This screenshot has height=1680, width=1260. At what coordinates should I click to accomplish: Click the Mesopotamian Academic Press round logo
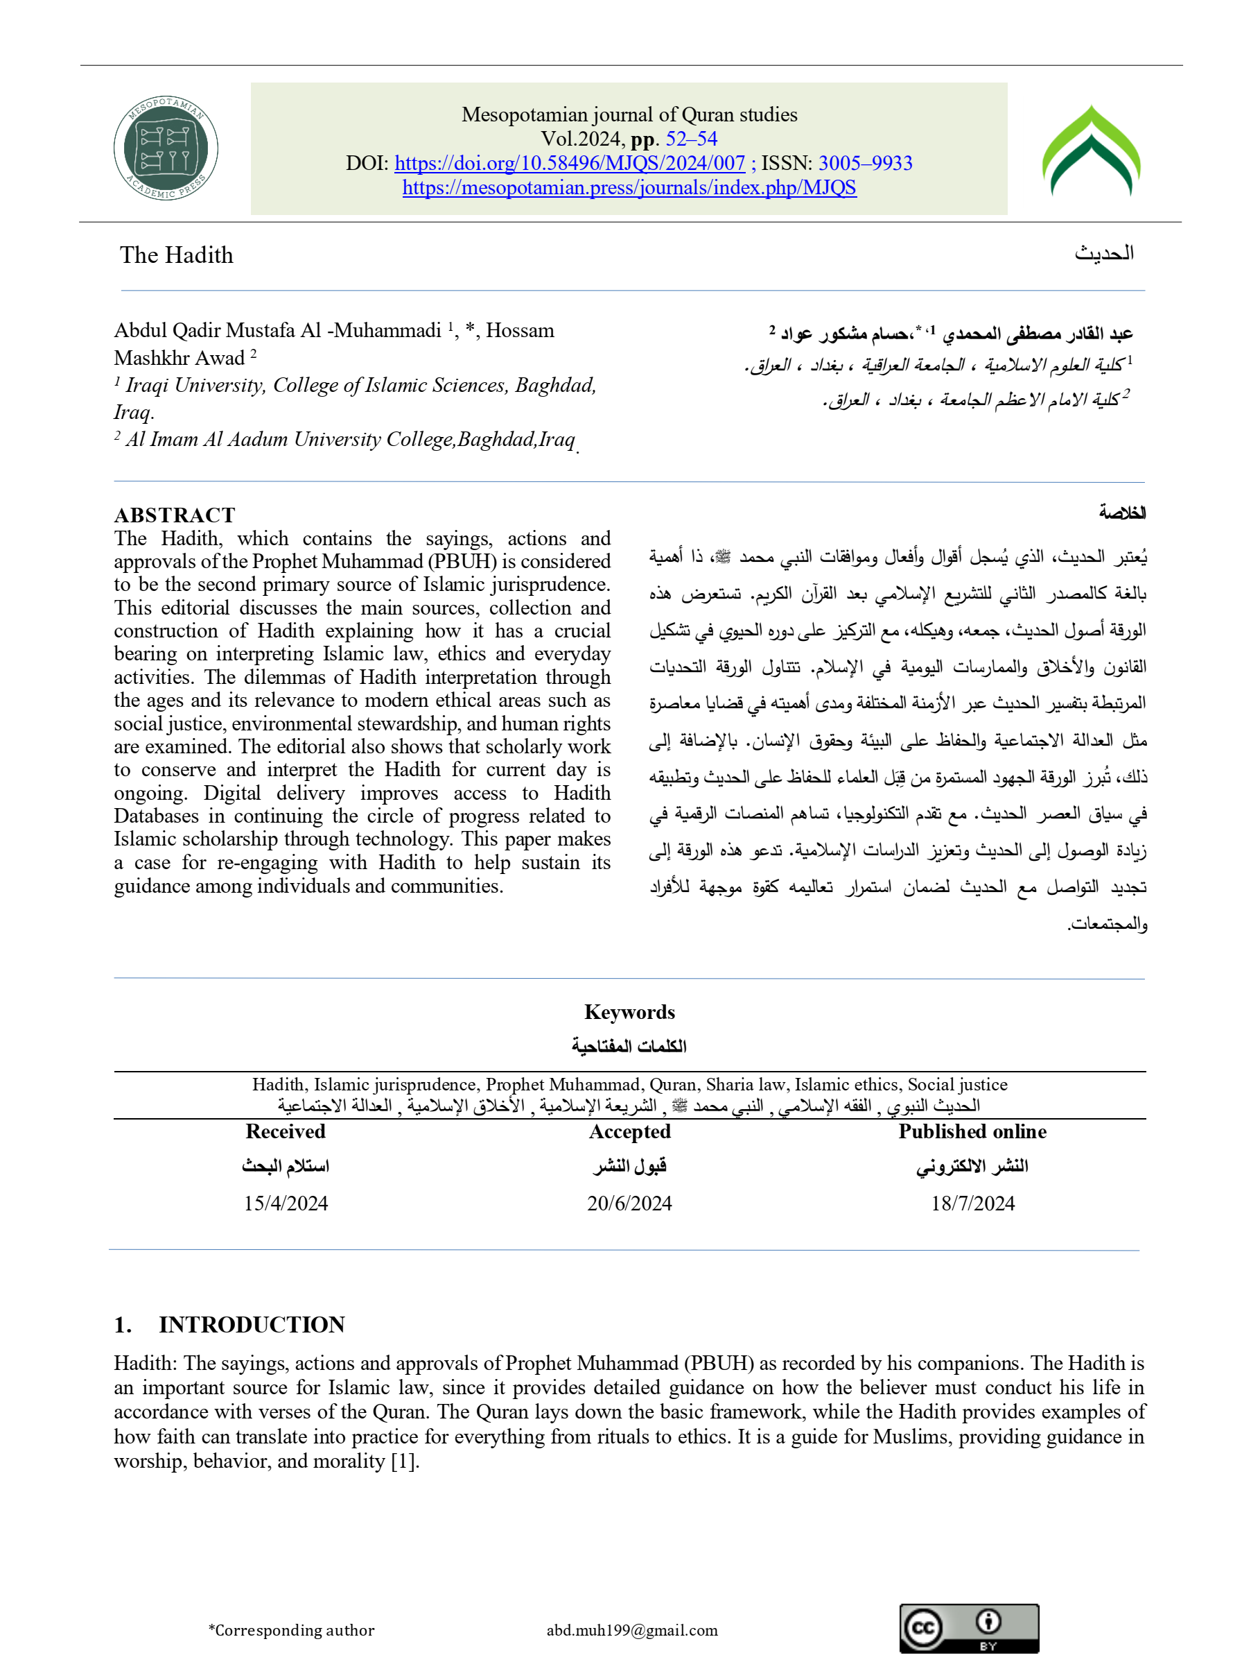[166, 149]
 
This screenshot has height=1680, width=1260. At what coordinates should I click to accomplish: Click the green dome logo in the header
[1091, 151]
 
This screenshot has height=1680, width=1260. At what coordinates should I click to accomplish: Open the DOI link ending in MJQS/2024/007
[569, 163]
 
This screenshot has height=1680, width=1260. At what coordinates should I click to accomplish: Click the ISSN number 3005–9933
[866, 163]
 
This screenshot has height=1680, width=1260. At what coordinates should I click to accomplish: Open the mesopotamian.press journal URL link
[629, 187]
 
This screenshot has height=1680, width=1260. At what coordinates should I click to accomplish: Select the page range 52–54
[691, 139]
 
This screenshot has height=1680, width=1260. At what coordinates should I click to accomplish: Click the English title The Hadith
[176, 255]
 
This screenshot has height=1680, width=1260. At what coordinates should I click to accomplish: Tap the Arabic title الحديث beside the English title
[1103, 254]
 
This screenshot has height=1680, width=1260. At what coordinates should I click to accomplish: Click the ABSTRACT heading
[175, 515]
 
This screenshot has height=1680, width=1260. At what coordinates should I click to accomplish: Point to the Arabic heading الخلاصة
[1122, 513]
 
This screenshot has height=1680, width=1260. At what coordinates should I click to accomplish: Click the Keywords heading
[629, 1011]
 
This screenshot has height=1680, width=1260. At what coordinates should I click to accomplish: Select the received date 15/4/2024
[286, 1203]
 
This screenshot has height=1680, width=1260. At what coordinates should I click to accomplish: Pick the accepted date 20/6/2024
[629, 1203]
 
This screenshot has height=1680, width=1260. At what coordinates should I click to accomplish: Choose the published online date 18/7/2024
[972, 1203]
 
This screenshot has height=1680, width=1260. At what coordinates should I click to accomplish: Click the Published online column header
[972, 1131]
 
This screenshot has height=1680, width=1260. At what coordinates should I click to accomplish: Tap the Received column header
[286, 1131]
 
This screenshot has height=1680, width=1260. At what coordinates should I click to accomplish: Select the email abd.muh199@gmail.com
[631, 1630]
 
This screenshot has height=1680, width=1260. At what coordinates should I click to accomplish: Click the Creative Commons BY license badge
[968, 1629]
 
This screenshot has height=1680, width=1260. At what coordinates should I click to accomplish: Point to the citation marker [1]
[403, 1462]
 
